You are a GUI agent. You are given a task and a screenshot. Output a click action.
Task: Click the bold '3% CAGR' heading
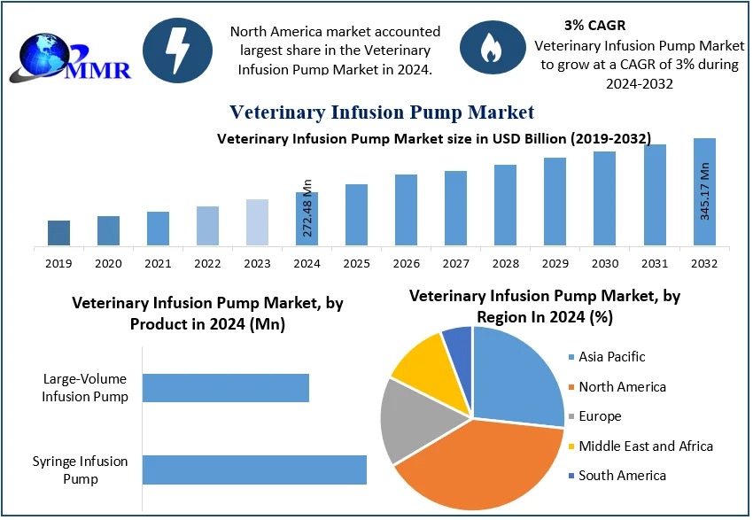pos(594,26)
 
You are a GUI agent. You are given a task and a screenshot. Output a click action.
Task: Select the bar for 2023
pos(257,221)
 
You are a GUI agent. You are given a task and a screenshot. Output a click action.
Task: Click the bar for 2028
pos(505,205)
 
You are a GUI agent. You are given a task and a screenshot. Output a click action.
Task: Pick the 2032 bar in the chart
pos(704,191)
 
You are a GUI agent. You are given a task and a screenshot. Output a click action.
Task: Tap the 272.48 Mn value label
pos(307,208)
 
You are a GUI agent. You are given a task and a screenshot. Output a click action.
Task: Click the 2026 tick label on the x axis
pos(406,263)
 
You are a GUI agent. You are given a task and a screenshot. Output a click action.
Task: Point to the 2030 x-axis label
pos(604,263)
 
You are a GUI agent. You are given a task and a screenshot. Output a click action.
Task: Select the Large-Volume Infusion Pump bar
pos(225,388)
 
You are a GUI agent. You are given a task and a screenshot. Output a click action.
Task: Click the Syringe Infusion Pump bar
pos(254,470)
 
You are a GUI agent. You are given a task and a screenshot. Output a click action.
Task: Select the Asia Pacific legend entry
pos(611,357)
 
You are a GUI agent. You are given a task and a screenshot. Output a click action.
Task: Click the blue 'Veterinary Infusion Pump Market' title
pos(382,112)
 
